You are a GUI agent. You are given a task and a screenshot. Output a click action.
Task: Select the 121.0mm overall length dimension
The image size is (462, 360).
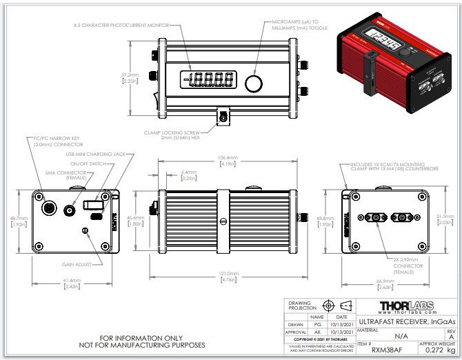228,274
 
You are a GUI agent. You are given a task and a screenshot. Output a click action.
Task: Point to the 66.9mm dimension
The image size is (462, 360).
386,281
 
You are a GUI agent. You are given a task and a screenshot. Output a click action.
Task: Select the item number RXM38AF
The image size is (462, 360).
376,350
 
